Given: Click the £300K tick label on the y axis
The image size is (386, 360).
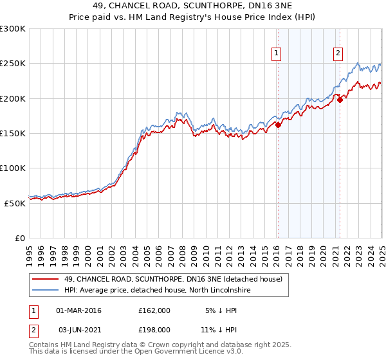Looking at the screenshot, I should [13, 29].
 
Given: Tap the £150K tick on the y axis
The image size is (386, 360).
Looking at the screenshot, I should [13, 133].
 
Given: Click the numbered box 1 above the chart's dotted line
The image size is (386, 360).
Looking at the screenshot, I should [277, 54].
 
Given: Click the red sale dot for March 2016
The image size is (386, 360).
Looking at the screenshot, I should [278, 125].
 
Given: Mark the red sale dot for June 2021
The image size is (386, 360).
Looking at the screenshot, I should [340, 100].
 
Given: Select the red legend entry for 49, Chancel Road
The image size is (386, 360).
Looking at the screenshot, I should [172, 279].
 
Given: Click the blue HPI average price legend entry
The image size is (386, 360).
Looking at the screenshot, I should [156, 291].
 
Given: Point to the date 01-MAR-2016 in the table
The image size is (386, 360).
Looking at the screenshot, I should [79, 310].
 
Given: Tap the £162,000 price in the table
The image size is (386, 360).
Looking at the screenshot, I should [154, 310].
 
